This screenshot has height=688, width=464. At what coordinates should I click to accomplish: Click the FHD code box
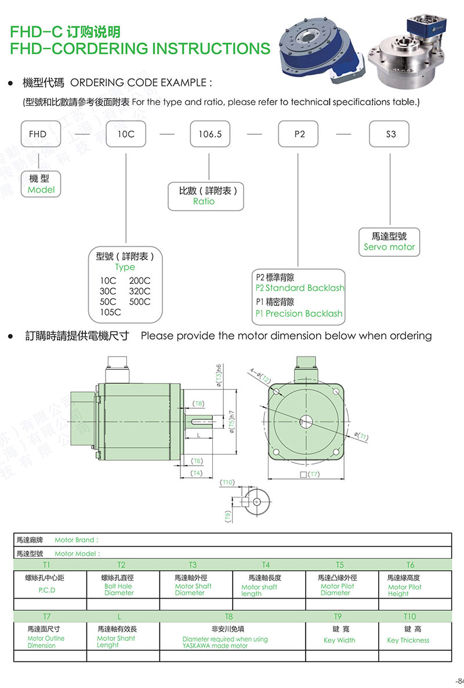(x=38, y=134)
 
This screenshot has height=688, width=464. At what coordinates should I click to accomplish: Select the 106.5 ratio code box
(x=210, y=134)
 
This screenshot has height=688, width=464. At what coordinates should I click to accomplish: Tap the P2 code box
(x=299, y=134)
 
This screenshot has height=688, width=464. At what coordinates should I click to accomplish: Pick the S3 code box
(x=390, y=134)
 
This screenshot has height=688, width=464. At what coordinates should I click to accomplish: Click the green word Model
(x=41, y=190)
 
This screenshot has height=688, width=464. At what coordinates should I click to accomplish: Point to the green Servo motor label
(x=389, y=247)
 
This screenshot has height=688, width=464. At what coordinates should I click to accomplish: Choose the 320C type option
(x=140, y=291)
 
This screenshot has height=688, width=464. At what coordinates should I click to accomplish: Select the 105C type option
(x=110, y=312)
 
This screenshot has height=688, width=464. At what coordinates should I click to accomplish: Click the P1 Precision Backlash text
(x=299, y=314)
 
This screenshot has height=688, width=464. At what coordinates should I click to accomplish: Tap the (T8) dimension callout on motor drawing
(x=198, y=404)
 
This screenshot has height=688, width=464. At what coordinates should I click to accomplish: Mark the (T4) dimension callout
(x=197, y=474)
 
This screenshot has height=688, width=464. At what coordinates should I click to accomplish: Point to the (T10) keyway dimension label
(x=227, y=482)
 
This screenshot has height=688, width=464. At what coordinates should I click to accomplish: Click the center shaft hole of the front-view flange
(x=305, y=422)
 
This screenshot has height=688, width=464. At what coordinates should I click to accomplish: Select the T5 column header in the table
(x=340, y=565)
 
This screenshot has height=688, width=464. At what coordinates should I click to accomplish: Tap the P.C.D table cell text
(x=47, y=590)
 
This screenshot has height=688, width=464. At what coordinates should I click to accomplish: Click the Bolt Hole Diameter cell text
(x=119, y=589)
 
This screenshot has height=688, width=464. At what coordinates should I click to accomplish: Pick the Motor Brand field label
(x=77, y=540)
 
